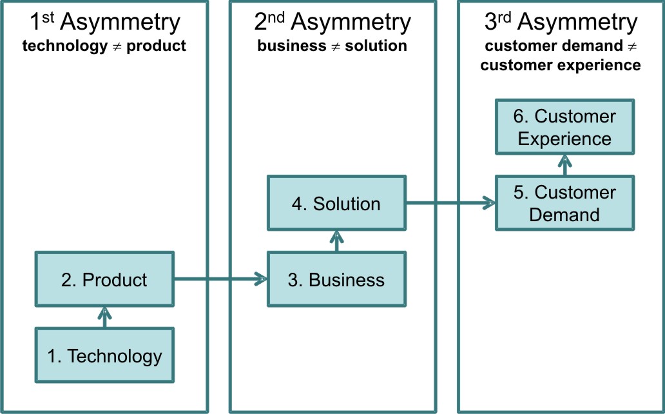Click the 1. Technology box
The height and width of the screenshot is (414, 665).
104,355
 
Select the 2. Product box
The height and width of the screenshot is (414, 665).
104,280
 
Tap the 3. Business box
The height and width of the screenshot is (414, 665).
337,279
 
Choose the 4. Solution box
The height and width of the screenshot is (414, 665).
337,204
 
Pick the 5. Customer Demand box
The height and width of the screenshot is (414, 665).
564,203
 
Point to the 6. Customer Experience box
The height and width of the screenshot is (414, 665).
564,127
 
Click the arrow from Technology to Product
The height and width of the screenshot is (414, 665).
104,318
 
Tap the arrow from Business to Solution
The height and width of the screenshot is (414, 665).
337,241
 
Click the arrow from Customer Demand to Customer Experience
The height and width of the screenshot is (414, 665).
564,165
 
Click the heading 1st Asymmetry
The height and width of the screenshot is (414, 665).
105,23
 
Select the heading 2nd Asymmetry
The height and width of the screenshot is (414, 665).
332,23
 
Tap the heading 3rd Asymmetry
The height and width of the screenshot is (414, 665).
561,23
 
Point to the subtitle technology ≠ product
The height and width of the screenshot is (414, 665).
104,46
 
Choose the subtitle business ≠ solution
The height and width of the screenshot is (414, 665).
332,46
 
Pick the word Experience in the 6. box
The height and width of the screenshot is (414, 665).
564,139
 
